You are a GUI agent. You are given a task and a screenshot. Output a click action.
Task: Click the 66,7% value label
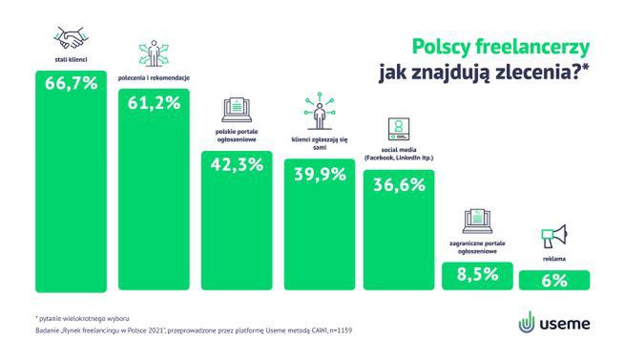click(72, 83)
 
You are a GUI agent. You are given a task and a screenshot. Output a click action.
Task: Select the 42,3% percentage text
click(236, 163)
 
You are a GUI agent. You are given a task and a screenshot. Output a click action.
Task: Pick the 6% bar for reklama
click(553, 280)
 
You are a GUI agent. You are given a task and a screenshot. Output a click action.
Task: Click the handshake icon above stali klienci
click(72, 39)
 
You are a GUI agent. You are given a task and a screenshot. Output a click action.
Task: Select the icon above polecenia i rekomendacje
click(153, 54)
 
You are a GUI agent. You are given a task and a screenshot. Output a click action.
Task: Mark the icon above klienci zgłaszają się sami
click(317, 113)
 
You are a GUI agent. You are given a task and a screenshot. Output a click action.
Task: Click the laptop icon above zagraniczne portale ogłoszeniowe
click(474, 222)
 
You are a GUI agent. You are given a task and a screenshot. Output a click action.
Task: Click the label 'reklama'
click(553, 259)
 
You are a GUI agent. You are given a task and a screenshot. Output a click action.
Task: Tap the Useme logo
click(554, 322)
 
